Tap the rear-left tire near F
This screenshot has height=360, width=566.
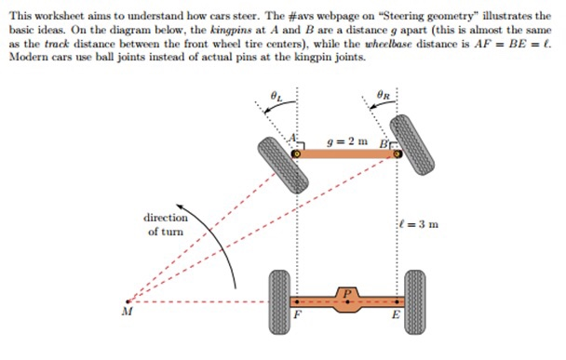click(x=277, y=301)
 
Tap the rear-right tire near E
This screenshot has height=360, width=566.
click(x=414, y=301)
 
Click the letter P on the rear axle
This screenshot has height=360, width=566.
click(x=347, y=292)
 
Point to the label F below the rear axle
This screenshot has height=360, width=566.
click(x=297, y=316)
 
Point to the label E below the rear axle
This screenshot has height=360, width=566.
click(x=396, y=316)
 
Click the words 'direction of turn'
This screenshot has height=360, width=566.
click(x=165, y=223)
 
